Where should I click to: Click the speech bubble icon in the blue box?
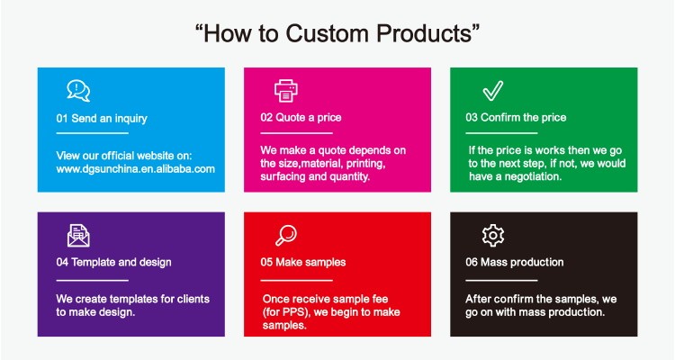pyautogui.click(x=78, y=90)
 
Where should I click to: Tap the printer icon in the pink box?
pyautogui.click(x=286, y=90)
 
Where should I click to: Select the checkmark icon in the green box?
pyautogui.click(x=493, y=90)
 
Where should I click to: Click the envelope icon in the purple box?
pyautogui.click(x=78, y=236)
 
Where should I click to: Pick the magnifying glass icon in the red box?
pyautogui.click(x=286, y=235)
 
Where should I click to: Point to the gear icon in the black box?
pyautogui.click(x=493, y=235)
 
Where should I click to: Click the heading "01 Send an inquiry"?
pyautogui.click(x=102, y=119)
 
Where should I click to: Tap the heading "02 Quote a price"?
pyautogui.click(x=301, y=118)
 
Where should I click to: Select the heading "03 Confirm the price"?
pyautogui.click(x=516, y=118)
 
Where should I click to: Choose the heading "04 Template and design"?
pyautogui.click(x=113, y=262)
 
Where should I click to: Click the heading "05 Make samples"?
pyautogui.click(x=302, y=262)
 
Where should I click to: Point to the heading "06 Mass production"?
pyautogui.click(x=515, y=262)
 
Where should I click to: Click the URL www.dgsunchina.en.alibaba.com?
pyautogui.click(x=136, y=169)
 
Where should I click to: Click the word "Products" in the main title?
pyautogui.click(x=424, y=33)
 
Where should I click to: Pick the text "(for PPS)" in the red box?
pyautogui.click(x=287, y=312)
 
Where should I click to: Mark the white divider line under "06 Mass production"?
pyautogui.click(x=501, y=280)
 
